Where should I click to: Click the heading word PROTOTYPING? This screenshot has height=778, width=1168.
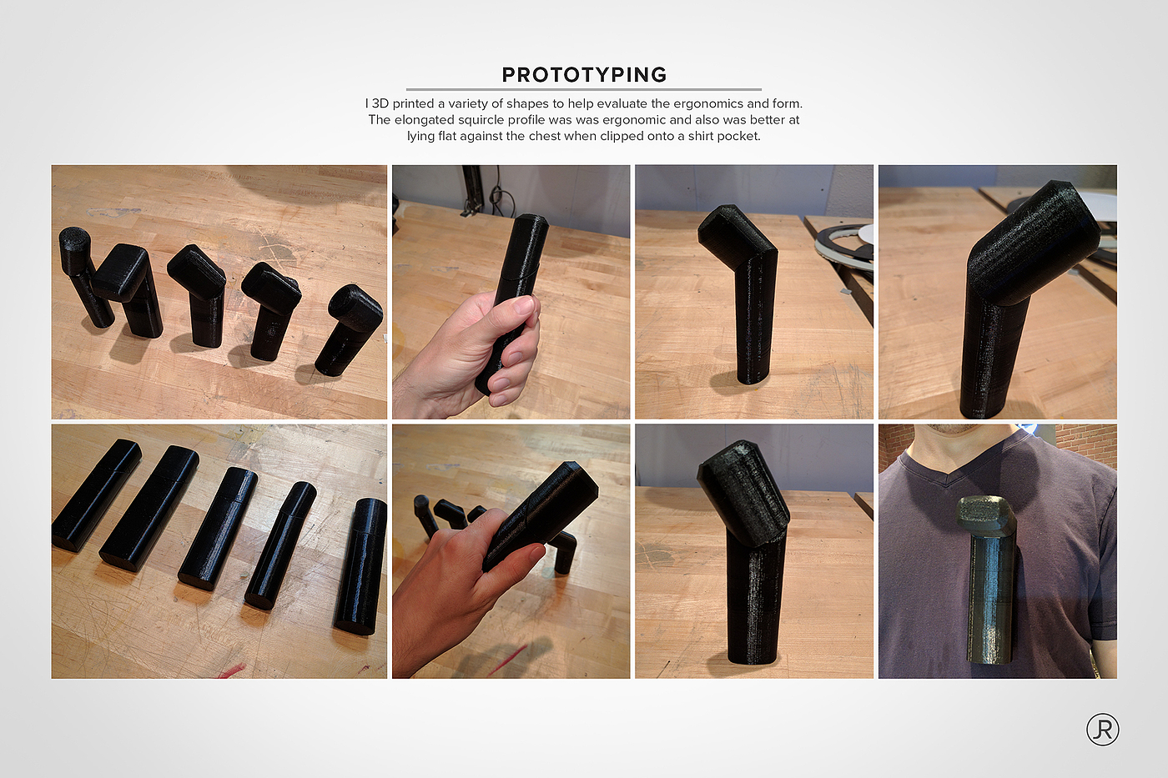tap(584, 74)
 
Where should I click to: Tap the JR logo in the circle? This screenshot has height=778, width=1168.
tap(1102, 729)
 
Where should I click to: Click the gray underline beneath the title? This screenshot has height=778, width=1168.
tap(583, 89)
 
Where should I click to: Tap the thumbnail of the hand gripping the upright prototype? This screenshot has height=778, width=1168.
tap(511, 292)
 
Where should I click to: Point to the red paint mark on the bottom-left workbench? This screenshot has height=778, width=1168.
tap(232, 670)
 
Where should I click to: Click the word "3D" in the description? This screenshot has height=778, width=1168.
tap(380, 103)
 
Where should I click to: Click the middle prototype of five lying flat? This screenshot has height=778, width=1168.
tap(219, 527)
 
